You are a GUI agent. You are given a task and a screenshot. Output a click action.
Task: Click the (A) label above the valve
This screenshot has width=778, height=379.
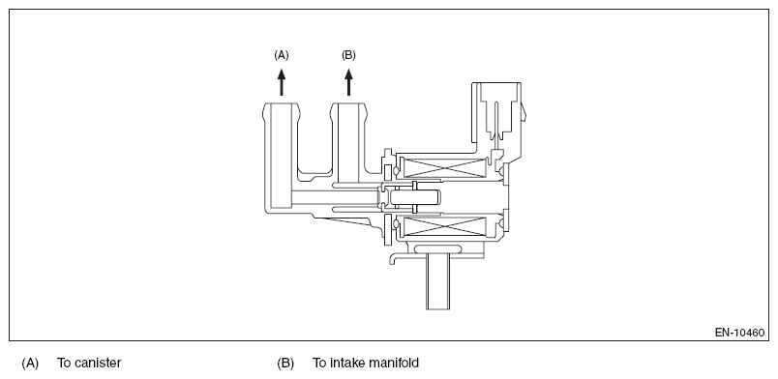(x=282, y=55)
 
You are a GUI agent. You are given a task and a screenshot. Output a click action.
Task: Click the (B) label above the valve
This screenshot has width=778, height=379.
(x=348, y=55)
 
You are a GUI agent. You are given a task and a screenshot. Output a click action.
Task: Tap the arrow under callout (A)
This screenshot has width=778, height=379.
(x=282, y=82)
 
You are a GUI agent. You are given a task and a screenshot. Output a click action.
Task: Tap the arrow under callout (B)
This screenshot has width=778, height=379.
(x=348, y=82)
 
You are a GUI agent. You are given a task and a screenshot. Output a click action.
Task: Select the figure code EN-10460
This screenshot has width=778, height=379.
(x=740, y=333)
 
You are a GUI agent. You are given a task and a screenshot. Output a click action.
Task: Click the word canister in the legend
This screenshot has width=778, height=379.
(x=96, y=364)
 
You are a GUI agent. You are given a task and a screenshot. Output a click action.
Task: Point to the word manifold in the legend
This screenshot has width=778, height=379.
(x=394, y=364)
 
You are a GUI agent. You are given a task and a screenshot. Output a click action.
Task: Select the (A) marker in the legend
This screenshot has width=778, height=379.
(x=30, y=364)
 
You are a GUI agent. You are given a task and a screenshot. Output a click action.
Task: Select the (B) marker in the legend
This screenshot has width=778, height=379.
(x=285, y=364)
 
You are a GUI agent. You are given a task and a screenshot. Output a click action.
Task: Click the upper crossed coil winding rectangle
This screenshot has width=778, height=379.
(x=443, y=167)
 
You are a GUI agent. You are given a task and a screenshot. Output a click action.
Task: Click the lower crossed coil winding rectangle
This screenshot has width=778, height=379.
(x=443, y=226)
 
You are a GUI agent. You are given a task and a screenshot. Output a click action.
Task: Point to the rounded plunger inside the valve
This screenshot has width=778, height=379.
(x=415, y=197)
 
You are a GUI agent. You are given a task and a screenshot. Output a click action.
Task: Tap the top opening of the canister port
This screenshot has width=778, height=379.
(x=282, y=103)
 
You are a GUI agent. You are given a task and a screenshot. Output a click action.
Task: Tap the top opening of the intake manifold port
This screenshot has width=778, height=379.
(x=348, y=103)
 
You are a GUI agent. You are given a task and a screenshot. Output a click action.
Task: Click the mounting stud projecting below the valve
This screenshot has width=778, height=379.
(x=437, y=280)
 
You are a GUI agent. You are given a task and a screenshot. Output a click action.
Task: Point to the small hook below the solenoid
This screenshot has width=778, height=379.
(x=397, y=258)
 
